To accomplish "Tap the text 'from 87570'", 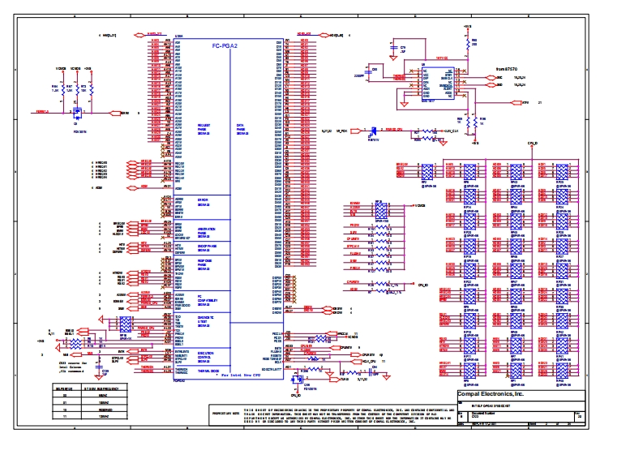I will [x=507, y=71].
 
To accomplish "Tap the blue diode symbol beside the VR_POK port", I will [x=373, y=130].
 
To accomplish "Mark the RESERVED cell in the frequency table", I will [x=103, y=411].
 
